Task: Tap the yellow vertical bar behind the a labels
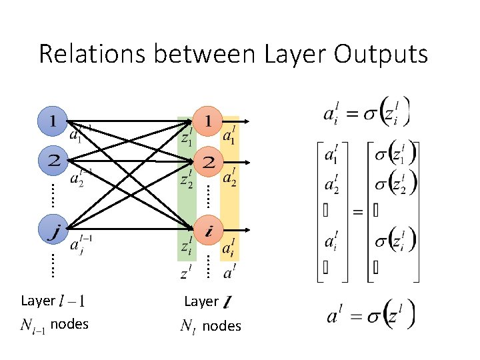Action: (229, 193)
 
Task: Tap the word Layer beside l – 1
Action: (38, 301)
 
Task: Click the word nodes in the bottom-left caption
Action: (69, 325)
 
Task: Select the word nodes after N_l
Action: (222, 326)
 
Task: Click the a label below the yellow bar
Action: (229, 272)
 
